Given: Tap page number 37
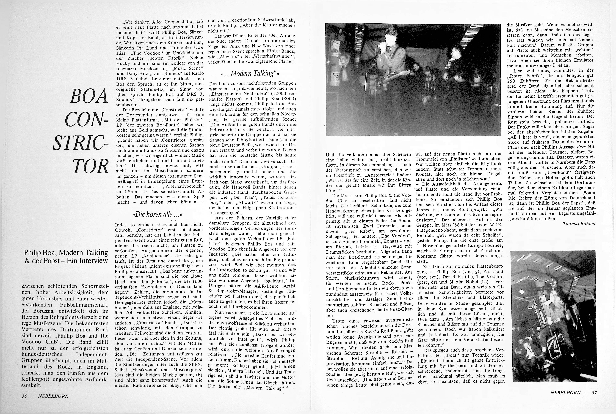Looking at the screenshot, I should (x=594, y=393).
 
